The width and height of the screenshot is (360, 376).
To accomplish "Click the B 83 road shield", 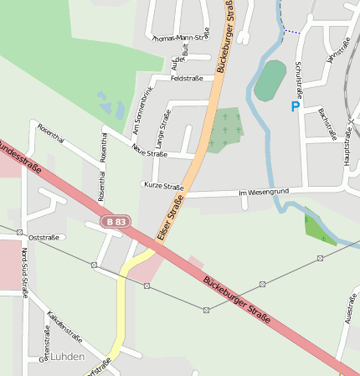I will tap(116, 222).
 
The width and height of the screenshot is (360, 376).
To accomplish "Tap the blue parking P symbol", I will tap(295, 107).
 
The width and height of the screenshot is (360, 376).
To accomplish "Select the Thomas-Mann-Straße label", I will tap(181, 38).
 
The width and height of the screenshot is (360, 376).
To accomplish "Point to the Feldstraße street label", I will tap(187, 79).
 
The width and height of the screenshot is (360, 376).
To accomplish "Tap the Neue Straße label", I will tap(150, 150).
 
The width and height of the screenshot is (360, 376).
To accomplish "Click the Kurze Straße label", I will tap(163, 186).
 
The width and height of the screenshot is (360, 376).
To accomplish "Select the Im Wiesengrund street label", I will tap(264, 193).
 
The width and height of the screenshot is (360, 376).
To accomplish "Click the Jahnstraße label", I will tap(337, 49).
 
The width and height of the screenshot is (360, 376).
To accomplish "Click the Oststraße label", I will tap(44, 238).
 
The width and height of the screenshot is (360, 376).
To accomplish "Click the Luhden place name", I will tap(68, 357).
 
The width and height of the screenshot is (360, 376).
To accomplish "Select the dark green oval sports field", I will tap(270, 80).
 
